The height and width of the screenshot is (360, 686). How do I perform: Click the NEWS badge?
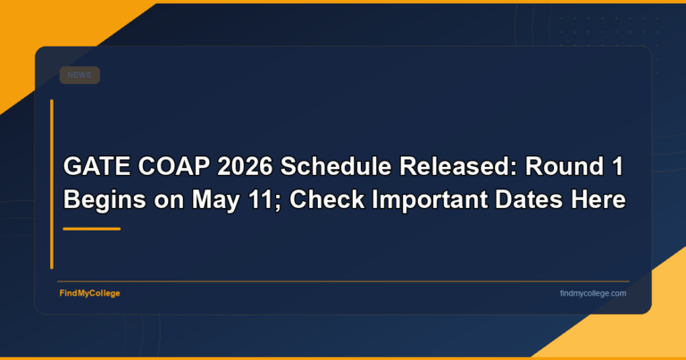point(79,76)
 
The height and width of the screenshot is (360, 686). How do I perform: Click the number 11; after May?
point(252,200)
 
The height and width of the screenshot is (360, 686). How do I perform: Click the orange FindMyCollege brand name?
point(90,293)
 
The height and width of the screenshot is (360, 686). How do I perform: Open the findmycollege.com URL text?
point(592,293)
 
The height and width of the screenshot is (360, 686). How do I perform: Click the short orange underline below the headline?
point(91,229)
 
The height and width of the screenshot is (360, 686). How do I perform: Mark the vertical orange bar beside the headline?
point(52,183)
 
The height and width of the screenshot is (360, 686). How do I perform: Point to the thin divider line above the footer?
point(342,281)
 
